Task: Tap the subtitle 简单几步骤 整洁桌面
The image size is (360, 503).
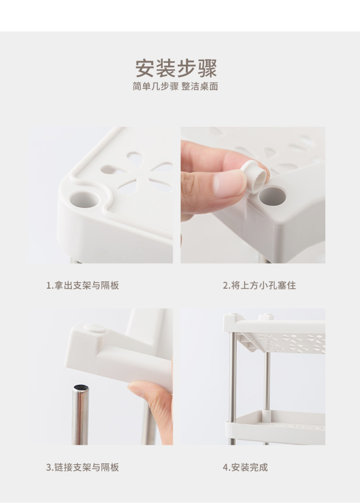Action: (175, 86)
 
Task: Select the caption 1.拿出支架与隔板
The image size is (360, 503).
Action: (83, 285)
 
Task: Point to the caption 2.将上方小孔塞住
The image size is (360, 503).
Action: (259, 285)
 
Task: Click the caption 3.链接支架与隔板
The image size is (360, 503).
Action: (83, 467)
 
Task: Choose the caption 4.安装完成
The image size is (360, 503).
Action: (245, 467)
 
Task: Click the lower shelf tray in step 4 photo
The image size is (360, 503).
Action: (275, 422)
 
